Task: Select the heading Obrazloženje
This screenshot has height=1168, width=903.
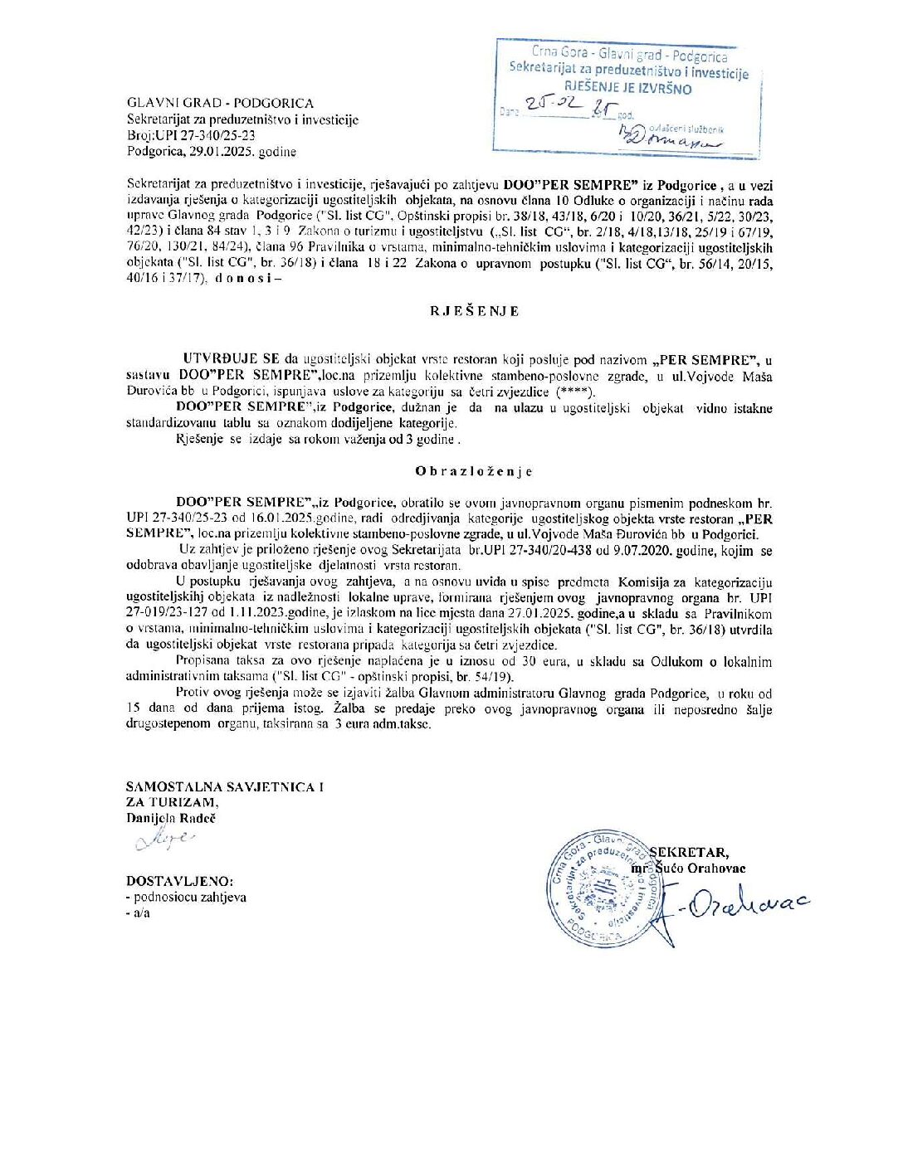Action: pos(474,471)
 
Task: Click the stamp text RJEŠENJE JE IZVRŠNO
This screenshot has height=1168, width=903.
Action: pos(628,89)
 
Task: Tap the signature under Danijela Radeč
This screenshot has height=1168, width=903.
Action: pos(164,841)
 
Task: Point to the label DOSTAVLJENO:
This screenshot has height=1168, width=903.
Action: pos(179,880)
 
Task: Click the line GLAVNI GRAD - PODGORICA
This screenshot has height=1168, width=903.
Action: pos(220,103)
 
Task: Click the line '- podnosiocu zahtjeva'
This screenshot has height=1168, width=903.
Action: pos(186,897)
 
